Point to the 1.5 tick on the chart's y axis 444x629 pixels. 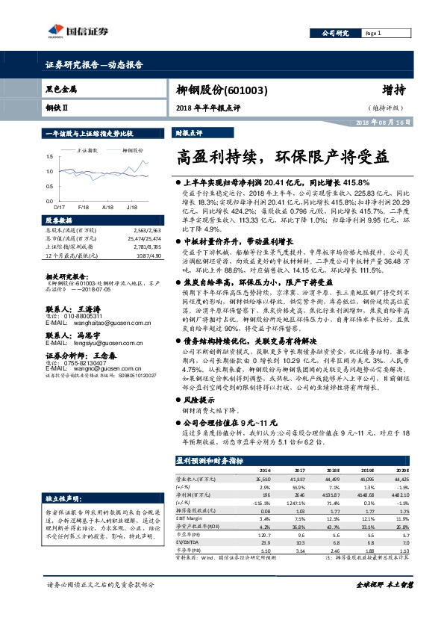pyautogui.click(x=49, y=156)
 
